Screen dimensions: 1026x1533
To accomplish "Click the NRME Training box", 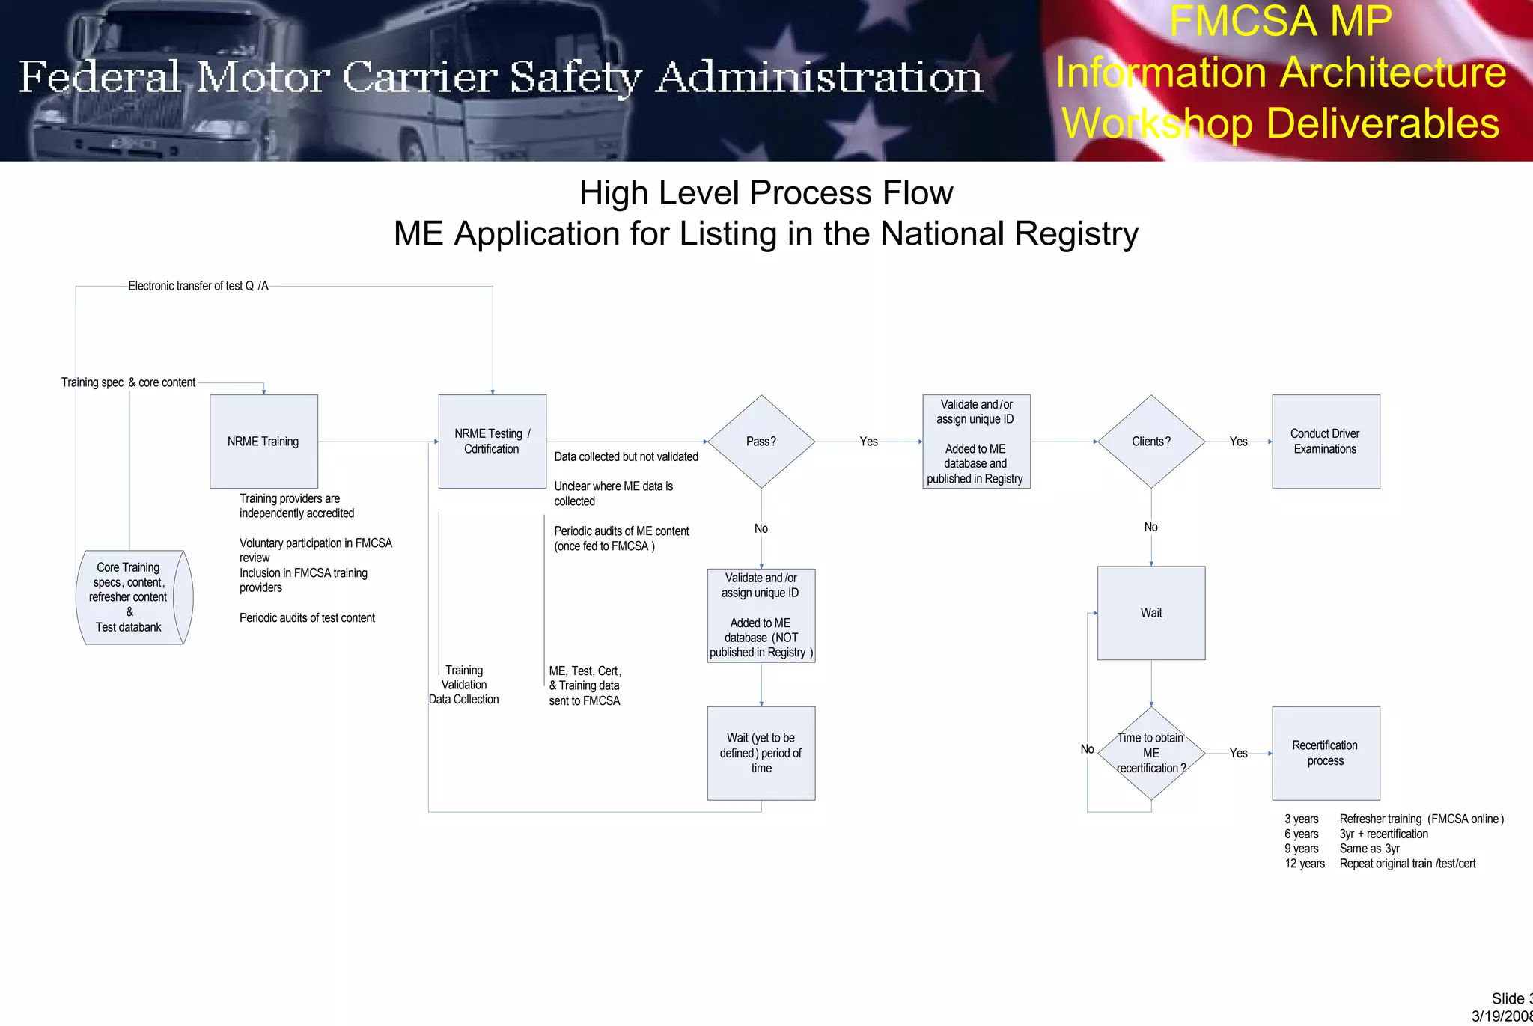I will pos(263,442).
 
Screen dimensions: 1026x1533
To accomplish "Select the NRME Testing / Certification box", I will pos(492,442).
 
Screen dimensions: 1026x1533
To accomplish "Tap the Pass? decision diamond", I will pos(761,442).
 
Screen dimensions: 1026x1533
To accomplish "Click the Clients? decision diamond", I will pos(1151,442).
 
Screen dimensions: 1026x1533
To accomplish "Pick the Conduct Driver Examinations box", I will pos(1326,442).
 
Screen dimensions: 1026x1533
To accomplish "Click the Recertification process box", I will pos(1326,753).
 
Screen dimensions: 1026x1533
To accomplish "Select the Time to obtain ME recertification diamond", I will pos(1151,753).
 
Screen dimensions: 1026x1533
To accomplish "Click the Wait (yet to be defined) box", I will pos(761,753).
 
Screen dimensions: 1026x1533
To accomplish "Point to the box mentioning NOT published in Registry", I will pos(761,615).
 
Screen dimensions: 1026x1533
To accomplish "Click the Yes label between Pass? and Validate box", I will pos(868,442).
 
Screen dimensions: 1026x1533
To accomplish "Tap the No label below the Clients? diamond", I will pos(1151,528).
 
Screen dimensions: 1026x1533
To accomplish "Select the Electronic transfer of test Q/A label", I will pos(198,286).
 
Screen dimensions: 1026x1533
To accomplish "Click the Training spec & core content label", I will pos(128,382).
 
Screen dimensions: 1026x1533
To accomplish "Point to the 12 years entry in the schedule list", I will pos(1305,864).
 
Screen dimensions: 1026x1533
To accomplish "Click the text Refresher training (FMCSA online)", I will pos(1421,819).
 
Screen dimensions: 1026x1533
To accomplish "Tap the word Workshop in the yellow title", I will pos(1156,123).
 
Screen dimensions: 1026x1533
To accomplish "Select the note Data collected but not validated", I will pos(626,456).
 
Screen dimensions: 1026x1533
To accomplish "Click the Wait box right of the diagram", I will pos(1151,613).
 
